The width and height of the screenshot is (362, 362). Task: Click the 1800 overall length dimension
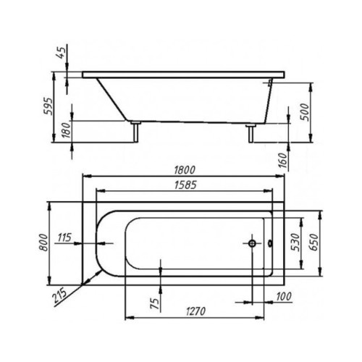click(185, 170)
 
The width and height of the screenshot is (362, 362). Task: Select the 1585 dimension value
click(185, 185)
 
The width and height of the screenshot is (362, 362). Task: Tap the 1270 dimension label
click(195, 311)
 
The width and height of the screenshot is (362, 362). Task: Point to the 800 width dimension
click(44, 243)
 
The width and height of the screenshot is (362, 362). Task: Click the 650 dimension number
click(314, 242)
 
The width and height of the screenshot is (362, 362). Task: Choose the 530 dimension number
click(295, 242)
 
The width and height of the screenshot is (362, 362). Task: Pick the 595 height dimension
click(48, 106)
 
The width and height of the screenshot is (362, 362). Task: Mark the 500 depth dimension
click(305, 112)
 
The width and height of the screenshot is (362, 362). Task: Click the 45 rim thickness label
click(61, 53)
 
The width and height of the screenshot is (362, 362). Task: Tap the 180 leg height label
click(67, 130)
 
